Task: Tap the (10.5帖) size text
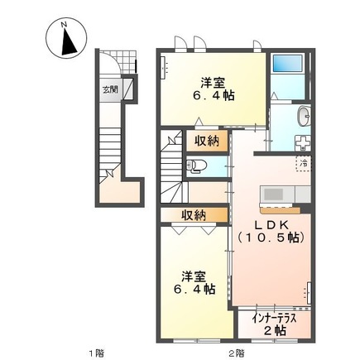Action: tap(271, 238)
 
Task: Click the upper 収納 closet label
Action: tap(206, 141)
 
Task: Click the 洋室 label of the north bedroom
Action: tap(212, 81)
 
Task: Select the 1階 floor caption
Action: tap(96, 352)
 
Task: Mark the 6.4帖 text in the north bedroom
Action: tap(212, 96)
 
